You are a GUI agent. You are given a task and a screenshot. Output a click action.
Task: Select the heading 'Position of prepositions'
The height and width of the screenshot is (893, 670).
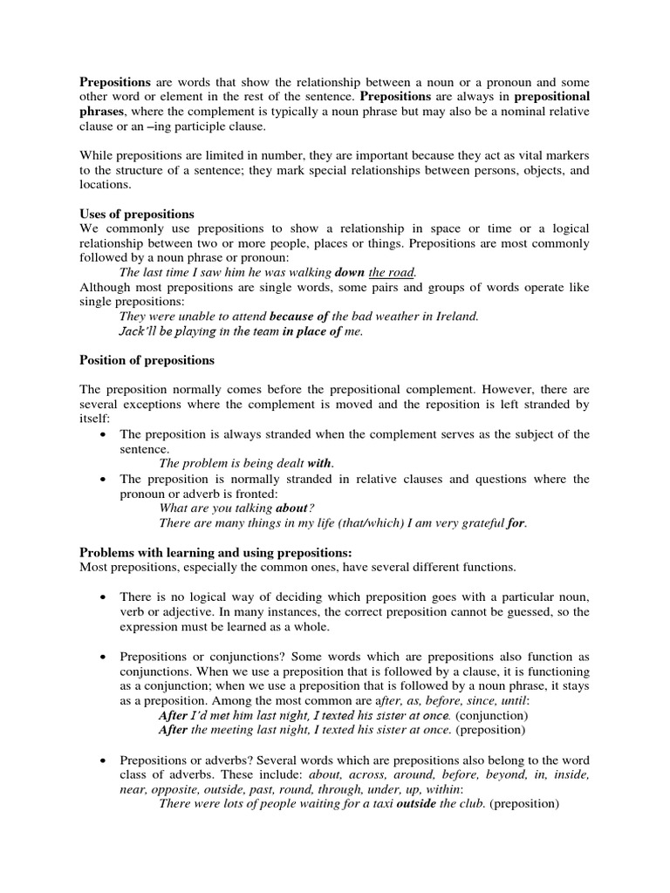coord(147,359)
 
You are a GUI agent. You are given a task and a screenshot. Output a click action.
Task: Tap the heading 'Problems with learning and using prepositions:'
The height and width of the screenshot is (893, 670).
coord(215,552)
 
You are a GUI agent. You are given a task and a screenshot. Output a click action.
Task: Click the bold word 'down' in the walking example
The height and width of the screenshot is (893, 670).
coord(349,272)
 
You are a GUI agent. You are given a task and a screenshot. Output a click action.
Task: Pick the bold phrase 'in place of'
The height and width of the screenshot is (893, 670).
coord(311,331)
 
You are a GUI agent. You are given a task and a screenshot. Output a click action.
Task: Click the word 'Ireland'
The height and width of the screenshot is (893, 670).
coord(455,316)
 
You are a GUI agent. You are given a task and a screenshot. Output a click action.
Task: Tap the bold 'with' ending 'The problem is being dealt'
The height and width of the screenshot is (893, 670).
coord(320,463)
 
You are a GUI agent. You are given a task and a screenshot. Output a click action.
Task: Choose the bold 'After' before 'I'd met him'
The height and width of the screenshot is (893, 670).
coord(173,713)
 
